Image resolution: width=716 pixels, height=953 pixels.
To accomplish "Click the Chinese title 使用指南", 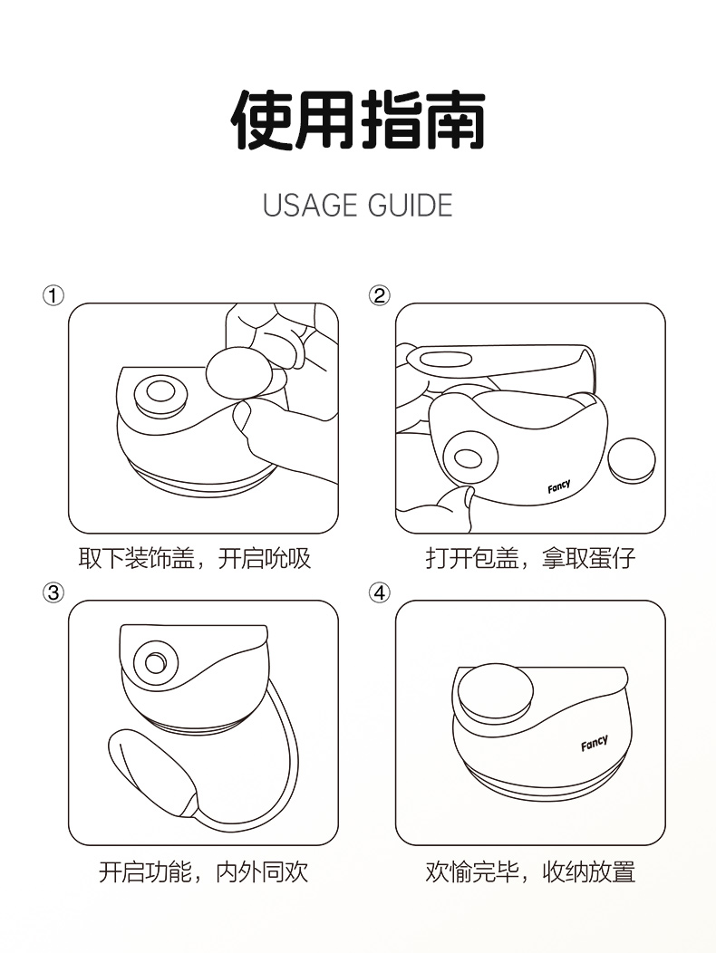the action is click(x=358, y=120).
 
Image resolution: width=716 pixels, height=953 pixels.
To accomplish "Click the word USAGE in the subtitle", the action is click(x=309, y=205).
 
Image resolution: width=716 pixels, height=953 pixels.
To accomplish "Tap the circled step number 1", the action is click(x=53, y=296).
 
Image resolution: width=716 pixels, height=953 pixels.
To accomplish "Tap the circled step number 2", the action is click(x=379, y=296).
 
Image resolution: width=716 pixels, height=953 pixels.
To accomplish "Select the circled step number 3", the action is click(x=53, y=592).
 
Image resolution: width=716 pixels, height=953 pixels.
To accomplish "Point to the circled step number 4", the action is click(x=379, y=592).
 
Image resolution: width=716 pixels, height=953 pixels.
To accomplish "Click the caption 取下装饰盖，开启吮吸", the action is click(x=195, y=558).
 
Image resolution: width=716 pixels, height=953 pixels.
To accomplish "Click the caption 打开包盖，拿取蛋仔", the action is click(x=530, y=558).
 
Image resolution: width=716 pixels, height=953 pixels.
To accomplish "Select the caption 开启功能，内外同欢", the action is click(x=204, y=872).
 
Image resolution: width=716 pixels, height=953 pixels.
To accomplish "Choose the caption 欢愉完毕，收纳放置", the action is click(x=530, y=872).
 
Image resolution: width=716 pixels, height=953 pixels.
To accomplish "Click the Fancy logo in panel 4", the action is click(x=595, y=743).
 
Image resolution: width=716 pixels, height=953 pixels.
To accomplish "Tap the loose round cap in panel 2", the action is click(x=632, y=460).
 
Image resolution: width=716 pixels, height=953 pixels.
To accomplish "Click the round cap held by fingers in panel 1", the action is click(x=237, y=373).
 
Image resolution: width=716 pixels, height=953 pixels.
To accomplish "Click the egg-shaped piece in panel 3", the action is click(x=153, y=772).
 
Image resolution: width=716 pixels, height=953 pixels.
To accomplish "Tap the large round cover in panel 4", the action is click(x=495, y=691).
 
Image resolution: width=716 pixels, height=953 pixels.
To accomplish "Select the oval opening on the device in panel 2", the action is click(x=468, y=459).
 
